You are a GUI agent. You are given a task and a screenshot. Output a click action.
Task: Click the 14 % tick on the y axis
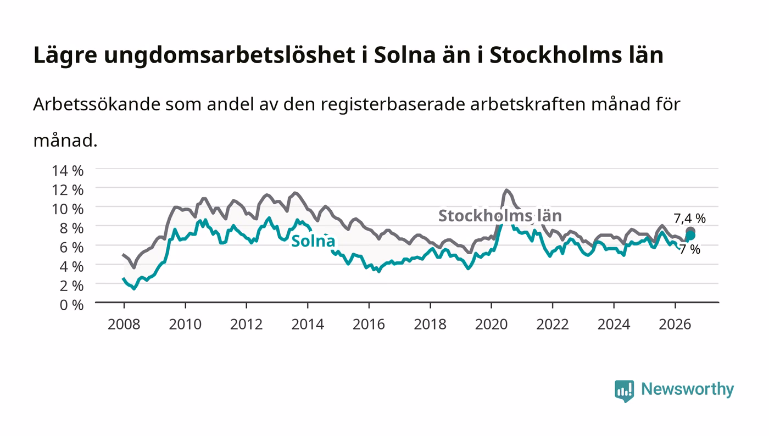click(68, 171)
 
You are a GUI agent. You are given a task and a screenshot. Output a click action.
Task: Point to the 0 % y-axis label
click(72, 305)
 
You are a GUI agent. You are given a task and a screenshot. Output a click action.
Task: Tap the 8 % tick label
click(72, 228)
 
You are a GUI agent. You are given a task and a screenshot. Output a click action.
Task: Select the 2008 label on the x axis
click(124, 325)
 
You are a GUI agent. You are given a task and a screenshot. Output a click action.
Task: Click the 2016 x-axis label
click(369, 325)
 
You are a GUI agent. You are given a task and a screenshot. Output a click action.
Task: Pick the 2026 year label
click(675, 325)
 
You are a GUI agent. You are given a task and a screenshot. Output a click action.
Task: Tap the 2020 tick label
click(491, 325)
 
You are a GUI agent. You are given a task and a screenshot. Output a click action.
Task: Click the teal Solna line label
click(313, 241)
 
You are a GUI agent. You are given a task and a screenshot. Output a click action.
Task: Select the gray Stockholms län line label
click(500, 216)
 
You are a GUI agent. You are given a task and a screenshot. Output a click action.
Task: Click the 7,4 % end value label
click(690, 219)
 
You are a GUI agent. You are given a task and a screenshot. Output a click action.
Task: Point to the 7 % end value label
click(690, 250)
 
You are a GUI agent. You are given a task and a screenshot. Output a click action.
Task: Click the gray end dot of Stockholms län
click(690, 231)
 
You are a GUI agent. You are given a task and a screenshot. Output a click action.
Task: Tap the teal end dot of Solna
click(690, 236)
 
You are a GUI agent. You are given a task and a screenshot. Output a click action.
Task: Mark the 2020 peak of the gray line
click(506, 190)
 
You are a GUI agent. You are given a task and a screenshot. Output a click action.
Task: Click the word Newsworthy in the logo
click(688, 389)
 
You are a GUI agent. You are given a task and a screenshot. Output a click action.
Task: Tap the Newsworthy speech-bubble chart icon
click(625, 391)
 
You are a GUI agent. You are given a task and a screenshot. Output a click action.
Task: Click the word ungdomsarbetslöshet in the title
click(230, 55)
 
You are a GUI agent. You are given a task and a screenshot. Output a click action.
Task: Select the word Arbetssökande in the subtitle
click(97, 104)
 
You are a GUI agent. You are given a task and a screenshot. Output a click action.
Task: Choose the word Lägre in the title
click(65, 55)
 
